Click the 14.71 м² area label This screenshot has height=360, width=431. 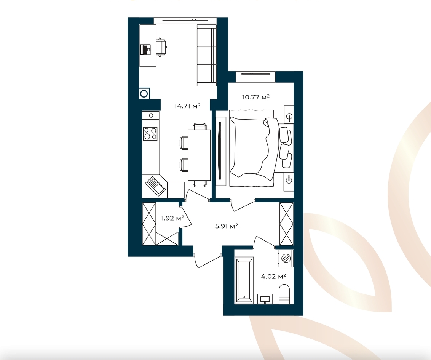pyautogui.click(x=187, y=106)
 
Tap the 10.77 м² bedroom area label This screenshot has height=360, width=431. pyautogui.click(x=255, y=97)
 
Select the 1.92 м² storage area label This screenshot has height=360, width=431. pyautogui.click(x=172, y=218)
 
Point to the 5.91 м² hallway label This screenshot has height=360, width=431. pyautogui.click(x=227, y=226)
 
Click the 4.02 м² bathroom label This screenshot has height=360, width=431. pyautogui.click(x=273, y=277)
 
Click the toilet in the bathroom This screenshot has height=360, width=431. pyautogui.click(x=284, y=294)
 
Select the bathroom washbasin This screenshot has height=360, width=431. pyautogui.click(x=265, y=299)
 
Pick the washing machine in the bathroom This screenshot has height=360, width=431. pyautogui.click(x=286, y=258)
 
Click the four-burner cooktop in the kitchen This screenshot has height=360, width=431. pyautogui.click(x=150, y=134)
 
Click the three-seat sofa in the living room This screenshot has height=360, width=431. pyautogui.click(x=207, y=55)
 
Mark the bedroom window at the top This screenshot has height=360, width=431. pyautogui.click(x=255, y=77)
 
